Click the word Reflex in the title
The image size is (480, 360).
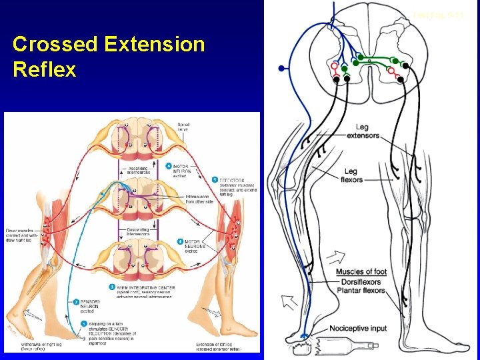click(44, 69)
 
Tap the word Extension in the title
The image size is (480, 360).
click(155, 45)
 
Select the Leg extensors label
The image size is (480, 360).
click(363, 131)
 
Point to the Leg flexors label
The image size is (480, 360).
click(351, 175)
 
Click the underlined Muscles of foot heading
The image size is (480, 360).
click(361, 272)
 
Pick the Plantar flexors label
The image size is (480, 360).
click(361, 291)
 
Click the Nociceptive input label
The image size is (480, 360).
click(358, 329)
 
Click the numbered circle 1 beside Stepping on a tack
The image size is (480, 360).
click(84, 323)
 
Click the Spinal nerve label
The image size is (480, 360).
click(183, 127)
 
